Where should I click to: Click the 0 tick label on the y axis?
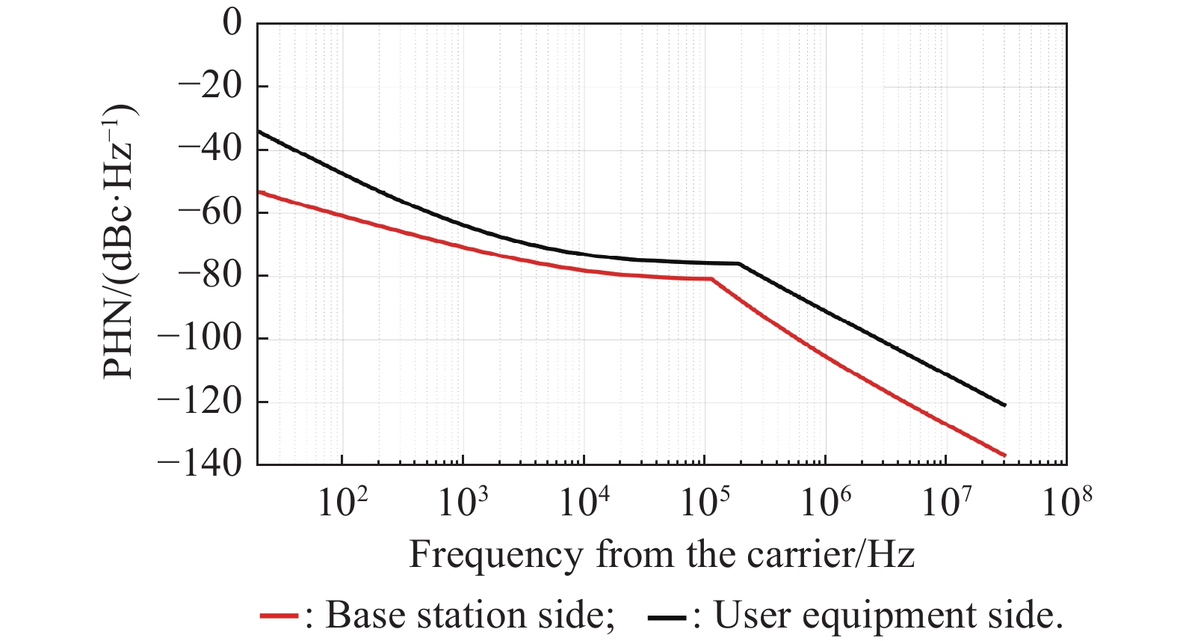click(x=232, y=22)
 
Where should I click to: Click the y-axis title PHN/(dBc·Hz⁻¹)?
click(x=120, y=241)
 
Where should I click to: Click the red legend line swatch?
click(x=279, y=616)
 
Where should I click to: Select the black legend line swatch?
click(x=667, y=616)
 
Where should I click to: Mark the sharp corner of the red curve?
click(x=711, y=279)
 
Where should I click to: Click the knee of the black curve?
click(x=739, y=263)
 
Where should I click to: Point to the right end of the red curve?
click(x=1005, y=455)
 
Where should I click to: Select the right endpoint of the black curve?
click(x=1005, y=405)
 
